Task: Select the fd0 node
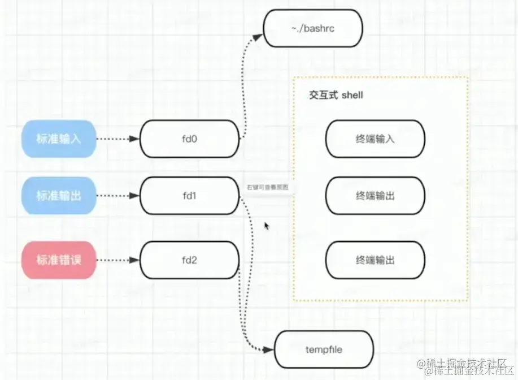[189, 139]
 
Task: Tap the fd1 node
[189, 196]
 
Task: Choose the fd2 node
[189, 260]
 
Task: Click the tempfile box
[324, 349]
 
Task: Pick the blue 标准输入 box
[59, 139]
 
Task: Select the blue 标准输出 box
[59, 196]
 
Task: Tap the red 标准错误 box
[59, 260]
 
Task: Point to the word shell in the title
[352, 95]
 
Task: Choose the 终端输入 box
[375, 139]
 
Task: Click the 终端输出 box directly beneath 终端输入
[375, 196]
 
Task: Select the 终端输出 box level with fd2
[375, 260]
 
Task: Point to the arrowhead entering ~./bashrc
[258, 37]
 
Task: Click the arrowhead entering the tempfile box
[269, 349]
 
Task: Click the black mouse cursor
[267, 226]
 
